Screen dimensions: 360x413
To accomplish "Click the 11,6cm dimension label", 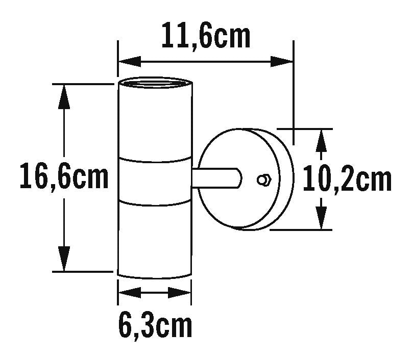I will tap(206, 37).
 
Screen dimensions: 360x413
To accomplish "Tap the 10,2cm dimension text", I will tap(347, 179).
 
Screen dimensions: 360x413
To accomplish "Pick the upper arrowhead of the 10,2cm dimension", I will tap(321, 140).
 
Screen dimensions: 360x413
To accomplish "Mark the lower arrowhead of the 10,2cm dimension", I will tap(321, 218).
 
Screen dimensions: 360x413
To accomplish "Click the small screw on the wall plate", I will tap(263, 179).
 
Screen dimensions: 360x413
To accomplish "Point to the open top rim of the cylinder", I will tap(155, 83).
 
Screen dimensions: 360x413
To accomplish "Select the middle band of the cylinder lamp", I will tap(155, 179).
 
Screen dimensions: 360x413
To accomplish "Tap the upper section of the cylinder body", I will tap(155, 122).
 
